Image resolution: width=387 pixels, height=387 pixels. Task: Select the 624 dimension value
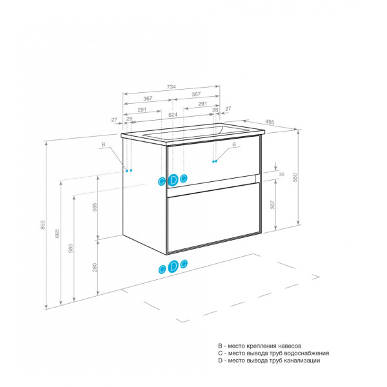point(173,115)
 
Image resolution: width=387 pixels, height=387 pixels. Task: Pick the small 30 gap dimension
point(281,175)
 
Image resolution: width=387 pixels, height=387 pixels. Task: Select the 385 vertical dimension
point(94,208)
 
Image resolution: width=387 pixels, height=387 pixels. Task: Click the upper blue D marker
point(174,179)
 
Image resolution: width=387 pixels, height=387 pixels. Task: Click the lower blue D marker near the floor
point(174,266)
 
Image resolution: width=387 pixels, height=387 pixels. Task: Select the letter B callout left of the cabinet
point(103,145)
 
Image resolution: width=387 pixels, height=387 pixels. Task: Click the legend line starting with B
point(259,346)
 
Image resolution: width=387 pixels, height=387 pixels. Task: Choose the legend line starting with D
point(269,361)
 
